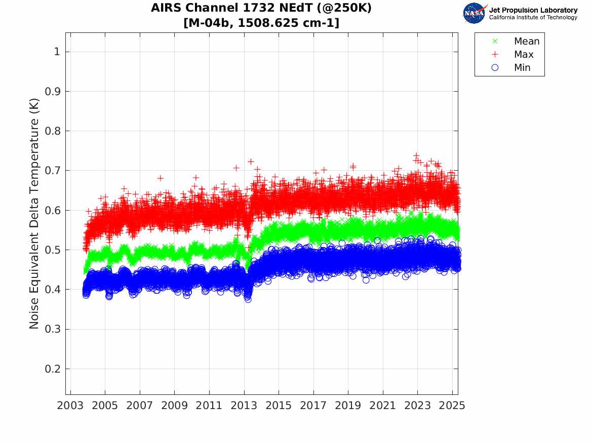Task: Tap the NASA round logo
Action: pos(474,13)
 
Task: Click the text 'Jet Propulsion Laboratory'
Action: pos(533,10)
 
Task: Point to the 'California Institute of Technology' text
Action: pos(533,18)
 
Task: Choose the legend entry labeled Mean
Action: pos(527,42)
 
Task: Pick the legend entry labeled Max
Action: pos(524,55)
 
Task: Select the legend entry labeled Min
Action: pos(522,68)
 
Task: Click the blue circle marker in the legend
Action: pos(495,68)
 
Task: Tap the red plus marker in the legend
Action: pos(495,55)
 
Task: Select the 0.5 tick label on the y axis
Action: pos(53,250)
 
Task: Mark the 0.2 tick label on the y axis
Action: pos(53,369)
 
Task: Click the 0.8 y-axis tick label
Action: pos(53,131)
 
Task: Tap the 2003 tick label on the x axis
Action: pos(70,406)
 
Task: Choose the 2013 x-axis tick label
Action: pos(244,406)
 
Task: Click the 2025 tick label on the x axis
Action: pos(452,406)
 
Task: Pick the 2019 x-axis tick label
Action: pos(348,406)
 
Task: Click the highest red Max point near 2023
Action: pos(416,155)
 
